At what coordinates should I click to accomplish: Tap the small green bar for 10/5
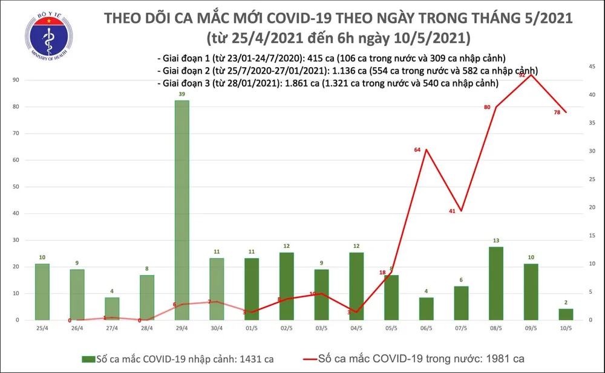(x=566, y=314)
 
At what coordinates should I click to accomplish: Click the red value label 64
(x=417, y=149)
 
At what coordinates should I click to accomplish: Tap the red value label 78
(x=556, y=112)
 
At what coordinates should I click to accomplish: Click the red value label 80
(x=486, y=108)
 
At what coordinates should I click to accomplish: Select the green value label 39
(x=182, y=95)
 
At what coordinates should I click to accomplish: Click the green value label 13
(x=496, y=241)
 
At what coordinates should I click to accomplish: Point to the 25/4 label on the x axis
(x=42, y=328)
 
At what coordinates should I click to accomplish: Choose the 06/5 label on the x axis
(x=426, y=328)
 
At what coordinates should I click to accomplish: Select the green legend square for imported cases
(x=87, y=359)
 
